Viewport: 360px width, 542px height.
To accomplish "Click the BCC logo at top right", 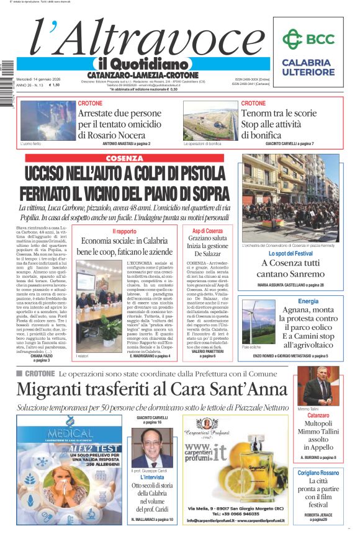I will click(308, 39).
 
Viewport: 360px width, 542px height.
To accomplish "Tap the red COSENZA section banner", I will click(128, 158).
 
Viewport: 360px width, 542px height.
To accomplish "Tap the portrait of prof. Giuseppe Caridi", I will click(153, 448).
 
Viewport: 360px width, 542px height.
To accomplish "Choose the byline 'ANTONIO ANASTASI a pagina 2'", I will click(135, 143).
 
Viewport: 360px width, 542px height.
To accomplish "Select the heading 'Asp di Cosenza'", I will click(207, 231).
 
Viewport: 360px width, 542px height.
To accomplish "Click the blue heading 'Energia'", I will click(308, 301).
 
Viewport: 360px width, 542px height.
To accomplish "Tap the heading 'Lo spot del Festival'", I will click(290, 254).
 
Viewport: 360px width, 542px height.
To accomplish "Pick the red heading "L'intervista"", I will click(152, 477).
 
